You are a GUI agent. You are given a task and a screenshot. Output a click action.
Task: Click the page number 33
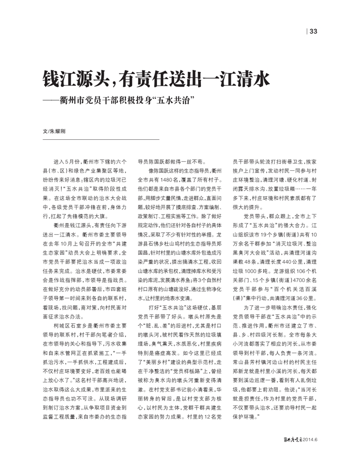[x=314, y=32]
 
